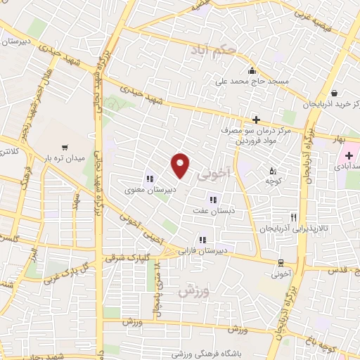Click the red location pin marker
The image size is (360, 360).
click(x=181, y=165)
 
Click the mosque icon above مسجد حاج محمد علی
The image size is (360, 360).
click(x=252, y=70)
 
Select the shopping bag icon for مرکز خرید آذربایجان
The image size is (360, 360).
click(x=333, y=92)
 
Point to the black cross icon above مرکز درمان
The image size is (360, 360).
click(x=257, y=120)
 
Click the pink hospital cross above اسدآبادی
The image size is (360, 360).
click(x=349, y=153)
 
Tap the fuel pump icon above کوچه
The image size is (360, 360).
click(x=274, y=170)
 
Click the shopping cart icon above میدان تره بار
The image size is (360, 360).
click(x=65, y=147)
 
